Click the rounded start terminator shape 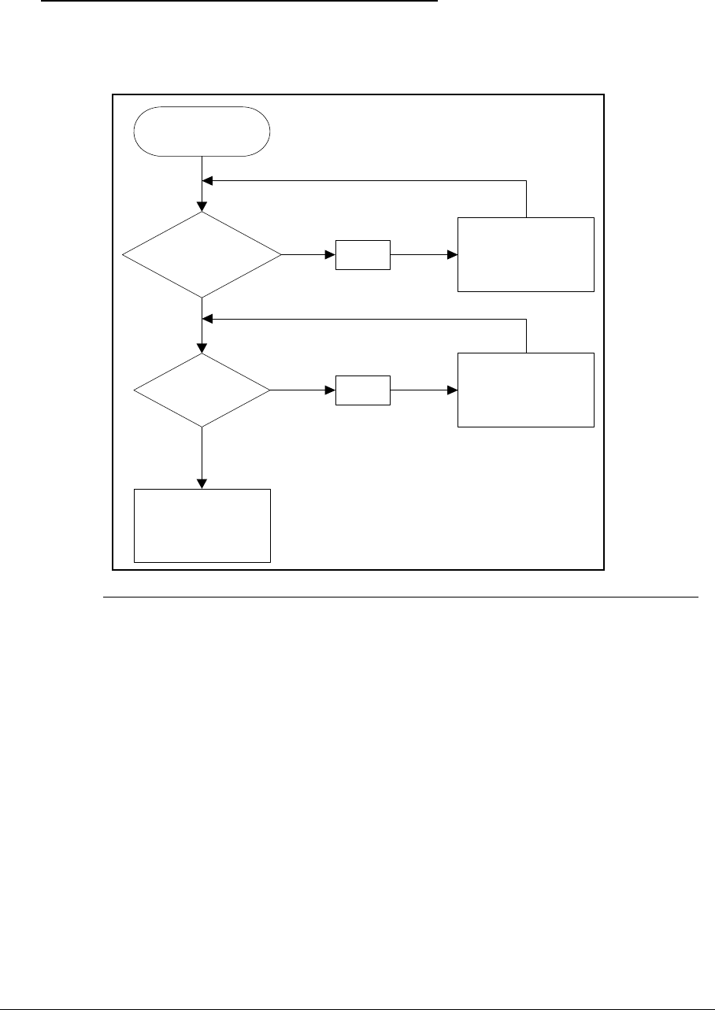click(202, 131)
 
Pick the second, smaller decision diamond click(202, 390)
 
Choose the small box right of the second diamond click(363, 390)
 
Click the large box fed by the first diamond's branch click(526, 254)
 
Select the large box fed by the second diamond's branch click(526, 390)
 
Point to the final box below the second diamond click(202, 526)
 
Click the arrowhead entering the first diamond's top click(202, 207)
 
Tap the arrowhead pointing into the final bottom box click(202, 483)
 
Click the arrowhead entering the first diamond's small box click(331, 255)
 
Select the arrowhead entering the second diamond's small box click(331, 390)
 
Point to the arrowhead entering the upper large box click(453, 255)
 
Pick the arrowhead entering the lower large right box click(453, 390)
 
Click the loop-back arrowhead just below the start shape click(209, 181)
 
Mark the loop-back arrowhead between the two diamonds click(209, 320)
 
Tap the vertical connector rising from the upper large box click(526, 198)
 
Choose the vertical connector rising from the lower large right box click(526, 336)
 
